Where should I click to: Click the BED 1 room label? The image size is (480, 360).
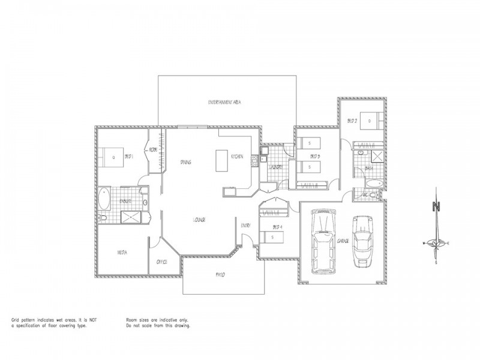click(128, 157)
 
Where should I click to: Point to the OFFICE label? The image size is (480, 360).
click(161, 262)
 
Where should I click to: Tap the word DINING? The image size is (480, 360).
click(185, 163)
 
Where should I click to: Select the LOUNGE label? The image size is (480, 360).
click(200, 220)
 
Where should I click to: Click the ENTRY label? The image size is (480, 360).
click(246, 225)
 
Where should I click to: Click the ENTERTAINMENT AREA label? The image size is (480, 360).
click(224, 103)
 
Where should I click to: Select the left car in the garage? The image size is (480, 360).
click(323, 242)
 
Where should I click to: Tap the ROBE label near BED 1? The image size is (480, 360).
click(154, 150)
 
